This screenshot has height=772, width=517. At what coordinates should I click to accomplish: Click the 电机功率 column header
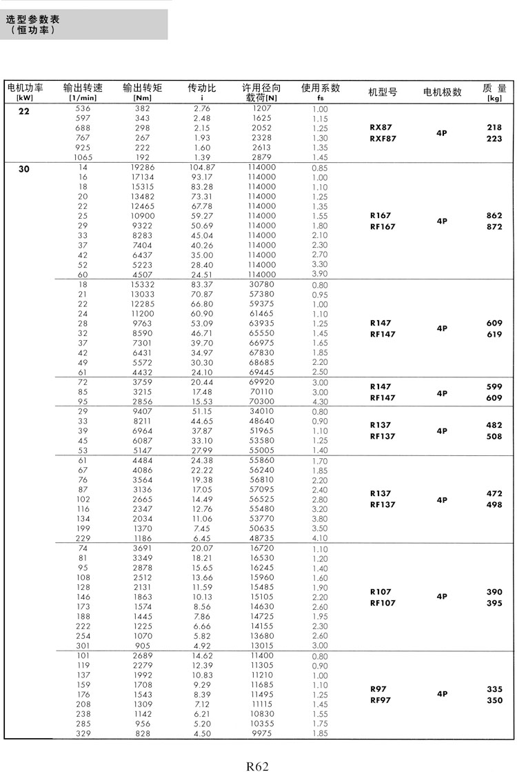(25, 88)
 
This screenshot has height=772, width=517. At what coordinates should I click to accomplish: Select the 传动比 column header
(202, 88)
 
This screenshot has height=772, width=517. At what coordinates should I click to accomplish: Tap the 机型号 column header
(383, 92)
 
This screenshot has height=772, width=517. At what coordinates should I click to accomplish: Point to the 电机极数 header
(442, 92)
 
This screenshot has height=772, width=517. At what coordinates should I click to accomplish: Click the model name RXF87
(383, 139)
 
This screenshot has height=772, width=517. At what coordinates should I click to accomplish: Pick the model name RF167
(383, 226)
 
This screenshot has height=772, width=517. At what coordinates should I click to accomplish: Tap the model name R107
(381, 592)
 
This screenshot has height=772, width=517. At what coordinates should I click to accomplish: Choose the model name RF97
(381, 700)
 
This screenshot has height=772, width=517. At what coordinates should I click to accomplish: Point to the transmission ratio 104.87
(202, 168)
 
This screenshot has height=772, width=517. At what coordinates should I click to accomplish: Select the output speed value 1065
(83, 158)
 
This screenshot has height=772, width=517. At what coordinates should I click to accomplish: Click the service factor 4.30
(320, 402)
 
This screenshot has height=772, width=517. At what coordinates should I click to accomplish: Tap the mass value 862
(494, 215)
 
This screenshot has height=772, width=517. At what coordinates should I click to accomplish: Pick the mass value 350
(494, 700)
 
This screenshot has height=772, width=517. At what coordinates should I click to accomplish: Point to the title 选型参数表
(33, 20)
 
